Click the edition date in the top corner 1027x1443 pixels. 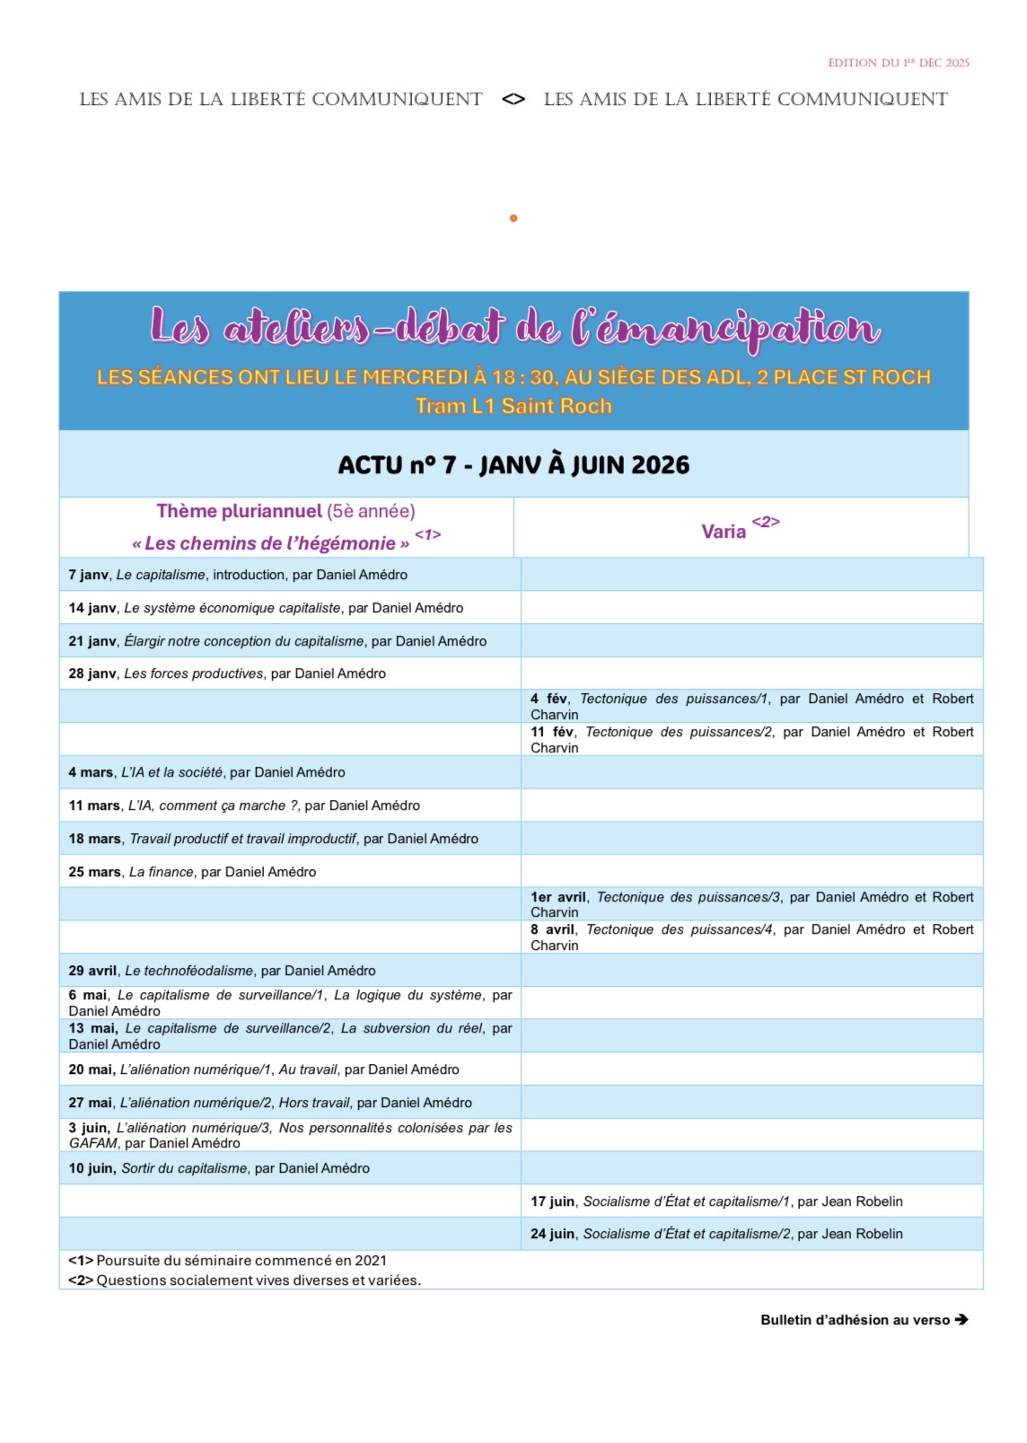click(899, 63)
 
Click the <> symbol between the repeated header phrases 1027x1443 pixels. click(513, 100)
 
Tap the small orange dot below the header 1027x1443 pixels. click(513, 218)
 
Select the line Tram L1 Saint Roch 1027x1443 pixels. click(513, 406)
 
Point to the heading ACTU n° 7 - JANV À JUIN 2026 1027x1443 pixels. click(513, 465)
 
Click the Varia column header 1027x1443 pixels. click(724, 532)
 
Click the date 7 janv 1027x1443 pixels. click(88, 575)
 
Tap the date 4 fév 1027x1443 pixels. click(549, 699)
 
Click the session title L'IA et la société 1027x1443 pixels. click(172, 772)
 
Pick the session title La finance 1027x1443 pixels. click(162, 872)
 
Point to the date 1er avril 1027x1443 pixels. click(558, 897)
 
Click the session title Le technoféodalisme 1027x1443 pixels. click(189, 971)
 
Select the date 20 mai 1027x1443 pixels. click(92, 1069)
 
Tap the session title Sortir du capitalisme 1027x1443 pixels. click(184, 1168)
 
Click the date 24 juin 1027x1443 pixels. click(552, 1234)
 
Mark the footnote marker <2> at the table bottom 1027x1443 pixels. click(81, 1280)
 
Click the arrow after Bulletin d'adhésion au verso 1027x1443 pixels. click(961, 1320)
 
